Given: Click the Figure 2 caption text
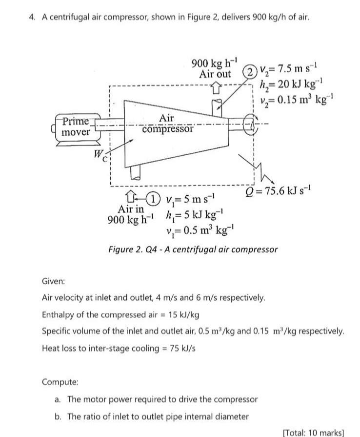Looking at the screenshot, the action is (x=193, y=249).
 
